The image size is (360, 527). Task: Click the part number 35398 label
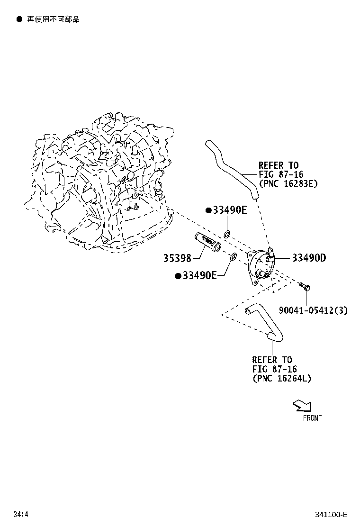(x=177, y=258)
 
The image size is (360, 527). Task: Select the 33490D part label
(x=309, y=258)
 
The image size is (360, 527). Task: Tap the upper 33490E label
(x=230, y=210)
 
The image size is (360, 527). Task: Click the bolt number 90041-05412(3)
(x=313, y=310)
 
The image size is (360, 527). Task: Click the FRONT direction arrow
(x=302, y=406)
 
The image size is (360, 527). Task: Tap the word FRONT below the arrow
(x=312, y=418)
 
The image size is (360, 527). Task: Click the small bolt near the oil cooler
(x=305, y=287)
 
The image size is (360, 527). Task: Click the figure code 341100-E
(x=331, y=515)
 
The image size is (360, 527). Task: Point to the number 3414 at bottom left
(x=21, y=514)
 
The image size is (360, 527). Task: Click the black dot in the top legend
(x=19, y=19)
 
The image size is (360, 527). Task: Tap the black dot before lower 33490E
(x=178, y=276)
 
